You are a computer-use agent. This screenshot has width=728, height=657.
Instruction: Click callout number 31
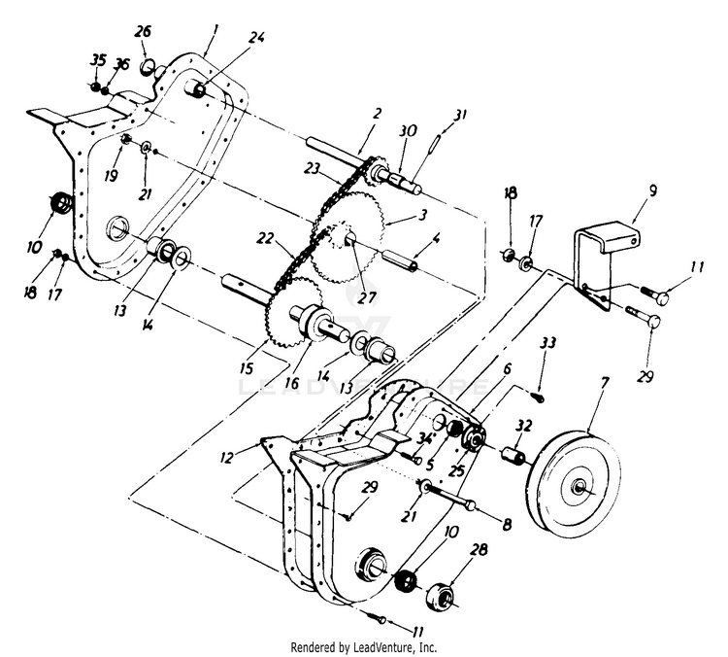pos(459,115)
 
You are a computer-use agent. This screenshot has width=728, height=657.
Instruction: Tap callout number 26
pos(143,32)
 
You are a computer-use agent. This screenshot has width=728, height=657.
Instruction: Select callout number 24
pos(256,38)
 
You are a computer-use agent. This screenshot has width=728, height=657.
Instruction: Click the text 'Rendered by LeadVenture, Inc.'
pos(364,646)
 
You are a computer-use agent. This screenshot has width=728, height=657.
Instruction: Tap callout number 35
pos(97,59)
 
